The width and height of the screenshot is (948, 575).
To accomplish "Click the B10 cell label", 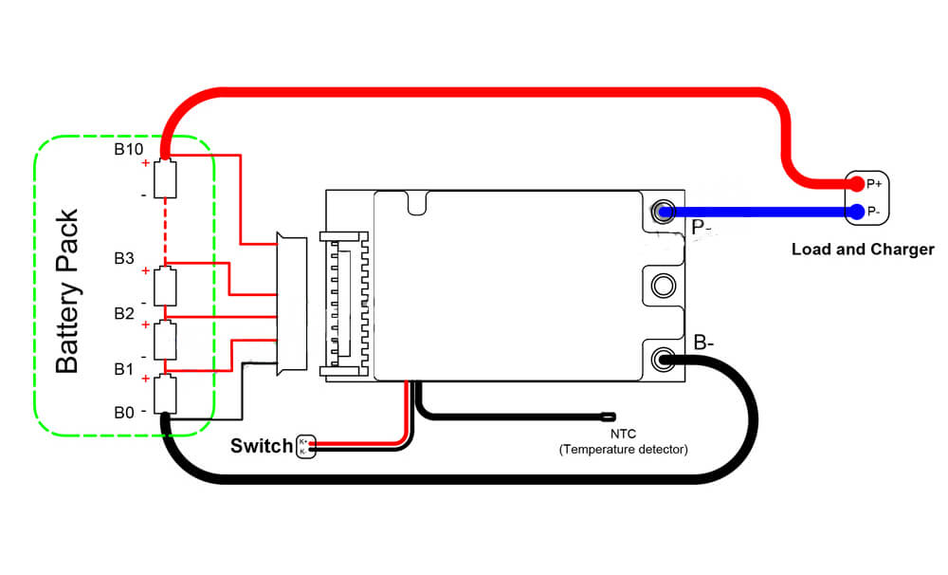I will tap(129, 149).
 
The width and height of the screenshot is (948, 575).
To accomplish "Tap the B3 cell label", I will tap(125, 259).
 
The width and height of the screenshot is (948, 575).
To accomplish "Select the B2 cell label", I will tap(125, 313).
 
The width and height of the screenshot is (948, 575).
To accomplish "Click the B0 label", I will tap(125, 413).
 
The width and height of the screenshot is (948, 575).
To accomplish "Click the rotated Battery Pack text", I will tap(66, 290).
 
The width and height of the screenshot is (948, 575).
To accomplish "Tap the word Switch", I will tap(262, 446).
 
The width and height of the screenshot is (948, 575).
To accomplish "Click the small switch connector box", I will tap(304, 446).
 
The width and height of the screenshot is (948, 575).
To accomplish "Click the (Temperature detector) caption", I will tap(623, 449).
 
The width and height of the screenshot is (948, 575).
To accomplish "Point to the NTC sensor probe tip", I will tap(607, 416).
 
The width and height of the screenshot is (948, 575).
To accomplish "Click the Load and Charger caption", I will tap(863, 250).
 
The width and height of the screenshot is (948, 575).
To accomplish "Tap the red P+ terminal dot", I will tap(856, 183).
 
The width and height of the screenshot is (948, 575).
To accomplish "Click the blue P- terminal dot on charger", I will tap(856, 211).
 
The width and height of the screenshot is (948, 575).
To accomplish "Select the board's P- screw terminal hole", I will tap(663, 211).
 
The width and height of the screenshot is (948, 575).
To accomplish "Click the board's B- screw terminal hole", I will tap(663, 360).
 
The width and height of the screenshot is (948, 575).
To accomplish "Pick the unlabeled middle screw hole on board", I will tap(663, 284).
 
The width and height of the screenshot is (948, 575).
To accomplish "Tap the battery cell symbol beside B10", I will tap(166, 177).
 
